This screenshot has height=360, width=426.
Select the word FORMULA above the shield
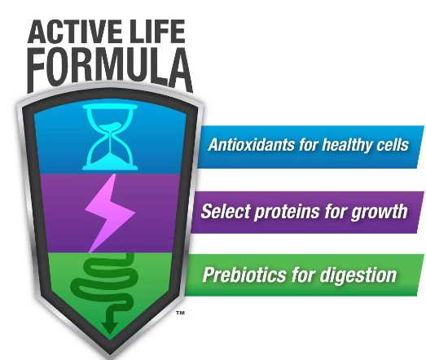click(x=110, y=70)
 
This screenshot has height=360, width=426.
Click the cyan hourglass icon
click(x=110, y=137)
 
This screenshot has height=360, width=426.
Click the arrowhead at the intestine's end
click(x=109, y=328)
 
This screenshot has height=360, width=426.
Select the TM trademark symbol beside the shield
click(x=180, y=313)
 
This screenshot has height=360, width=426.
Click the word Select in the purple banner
click(x=226, y=211)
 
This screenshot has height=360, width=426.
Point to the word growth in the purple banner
click(x=380, y=212)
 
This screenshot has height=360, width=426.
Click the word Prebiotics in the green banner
click(x=244, y=274)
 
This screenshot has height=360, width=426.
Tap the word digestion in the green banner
click(x=358, y=275)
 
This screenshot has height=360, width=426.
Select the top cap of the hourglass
click(x=110, y=106)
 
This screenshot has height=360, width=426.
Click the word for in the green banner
click(x=302, y=274)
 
